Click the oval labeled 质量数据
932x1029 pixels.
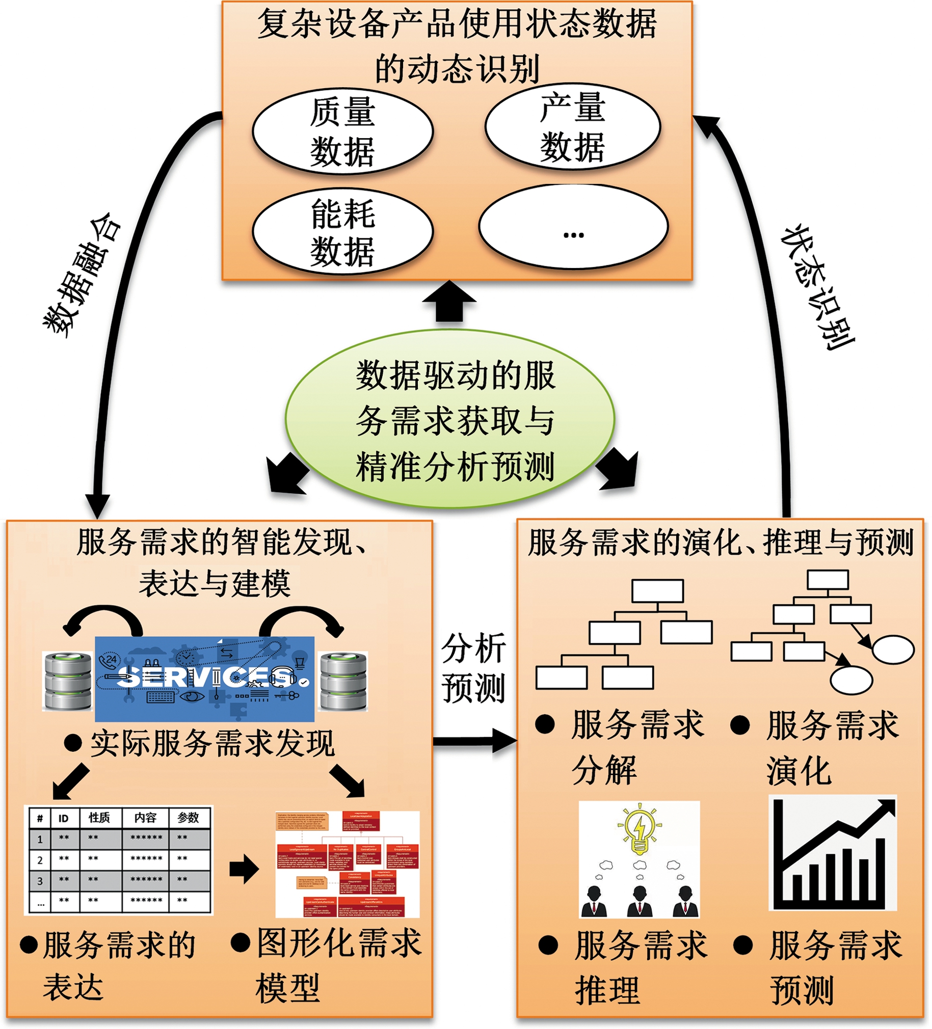pyautogui.click(x=342, y=131)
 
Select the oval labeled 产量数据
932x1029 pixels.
pyautogui.click(x=572, y=126)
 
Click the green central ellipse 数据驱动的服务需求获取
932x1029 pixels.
pyautogui.click(x=449, y=419)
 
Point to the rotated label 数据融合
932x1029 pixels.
pyautogui.click(x=82, y=276)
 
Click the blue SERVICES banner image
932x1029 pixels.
pyautogui.click(x=204, y=679)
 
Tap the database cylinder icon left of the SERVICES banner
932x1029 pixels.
pyautogui.click(x=68, y=681)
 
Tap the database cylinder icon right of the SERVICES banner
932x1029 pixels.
pyautogui.click(x=343, y=681)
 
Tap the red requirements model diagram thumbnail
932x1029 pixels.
pyautogui.click(x=347, y=863)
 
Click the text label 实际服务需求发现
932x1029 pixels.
pyautogui.click(x=212, y=744)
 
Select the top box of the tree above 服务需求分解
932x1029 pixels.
pyautogui.click(x=657, y=591)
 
